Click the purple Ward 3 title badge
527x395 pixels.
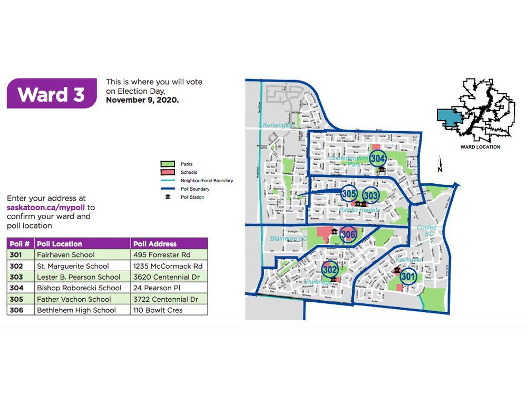click(x=51, y=94)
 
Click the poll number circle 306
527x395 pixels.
click(x=348, y=234)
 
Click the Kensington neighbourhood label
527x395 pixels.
click(x=278, y=125)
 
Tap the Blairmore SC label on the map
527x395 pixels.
click(x=288, y=238)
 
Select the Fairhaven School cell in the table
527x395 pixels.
click(x=66, y=255)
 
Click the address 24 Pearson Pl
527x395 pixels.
click(x=154, y=288)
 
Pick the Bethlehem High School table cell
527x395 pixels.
click(x=76, y=310)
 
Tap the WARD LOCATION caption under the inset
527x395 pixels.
click(x=480, y=147)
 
